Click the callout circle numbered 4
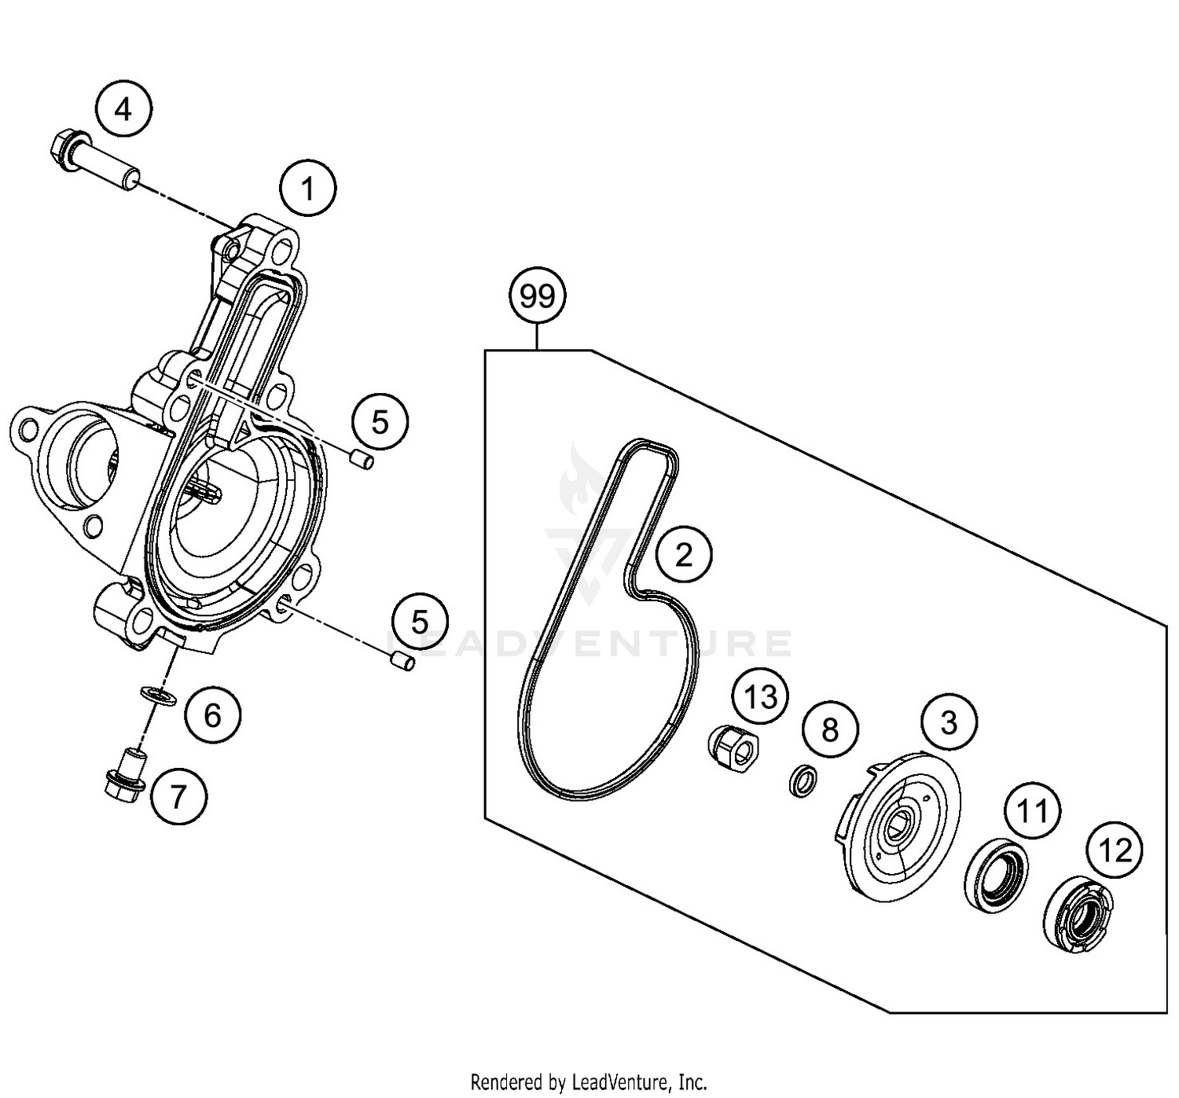(x=123, y=110)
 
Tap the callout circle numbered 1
(x=307, y=189)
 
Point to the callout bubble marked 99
(x=538, y=296)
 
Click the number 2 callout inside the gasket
(x=684, y=555)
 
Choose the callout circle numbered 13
(x=760, y=697)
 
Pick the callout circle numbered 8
(x=830, y=730)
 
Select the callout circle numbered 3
(x=949, y=722)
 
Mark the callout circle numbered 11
(x=1032, y=810)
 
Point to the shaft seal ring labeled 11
(x=996, y=876)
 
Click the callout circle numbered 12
(x=1115, y=850)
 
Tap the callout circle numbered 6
(x=212, y=715)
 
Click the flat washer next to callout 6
(x=158, y=696)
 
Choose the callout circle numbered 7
(x=179, y=797)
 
